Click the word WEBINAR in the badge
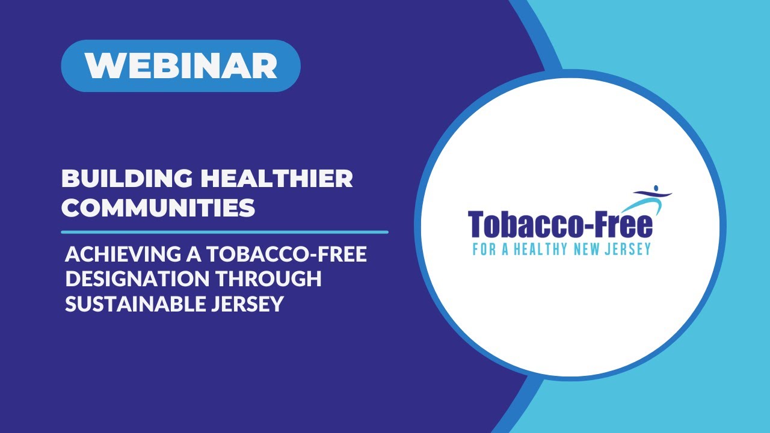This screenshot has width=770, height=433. pos(180,66)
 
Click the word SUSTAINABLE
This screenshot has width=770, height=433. pos(137,304)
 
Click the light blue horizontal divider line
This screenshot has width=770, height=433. pos(224,232)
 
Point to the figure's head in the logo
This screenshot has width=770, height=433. pos(656,188)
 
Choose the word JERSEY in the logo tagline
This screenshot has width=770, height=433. pos(630,248)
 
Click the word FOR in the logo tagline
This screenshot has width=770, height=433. pos(483,248)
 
